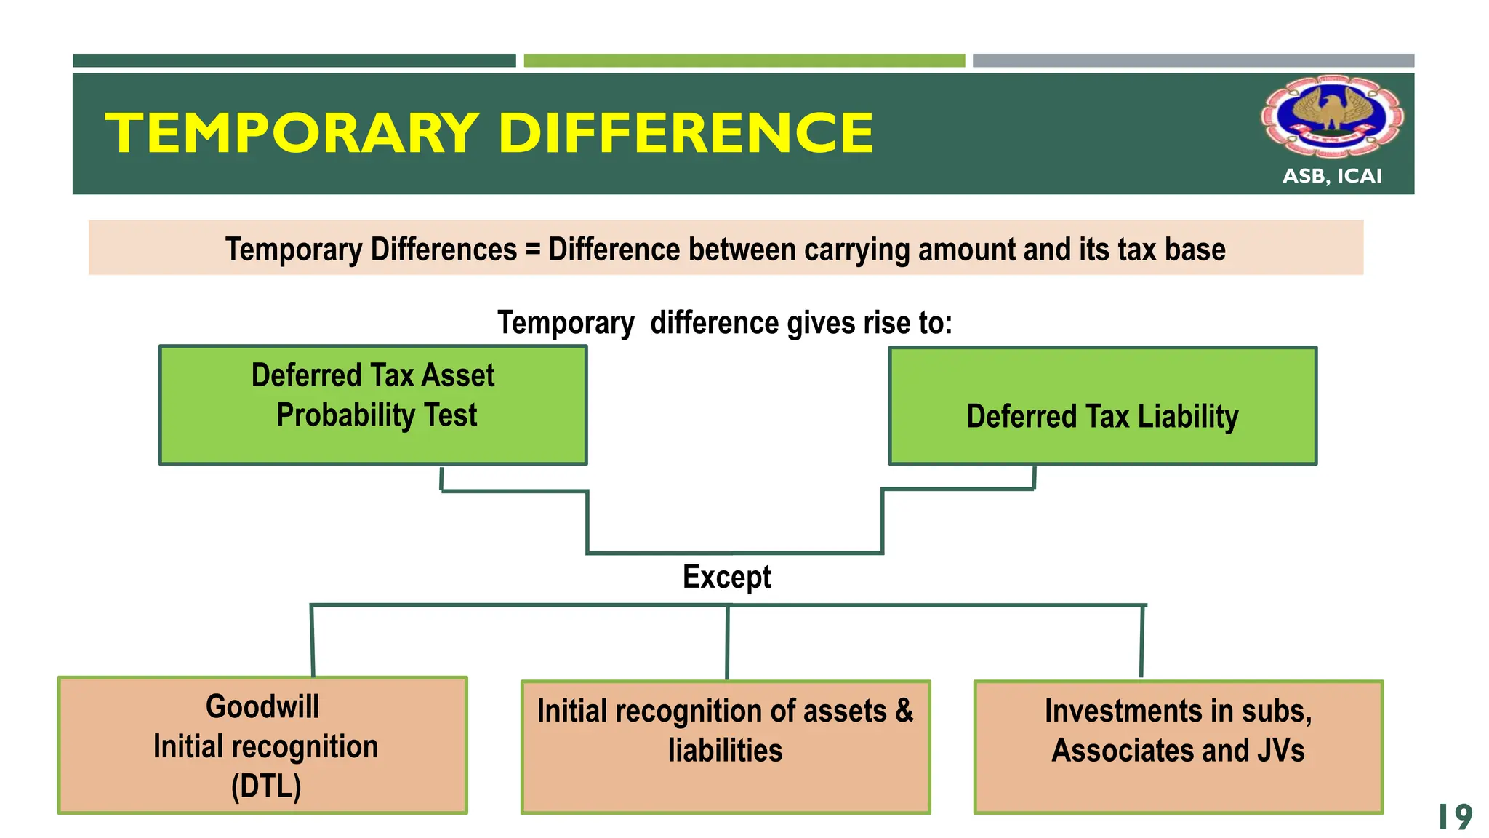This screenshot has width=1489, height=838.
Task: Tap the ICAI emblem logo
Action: [x=1332, y=117]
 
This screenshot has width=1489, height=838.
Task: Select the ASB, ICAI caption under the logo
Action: [x=1332, y=176]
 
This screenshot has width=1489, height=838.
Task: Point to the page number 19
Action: [x=1455, y=817]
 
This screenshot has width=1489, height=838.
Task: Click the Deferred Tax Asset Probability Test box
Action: [x=373, y=405]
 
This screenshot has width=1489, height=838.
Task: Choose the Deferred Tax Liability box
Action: [x=1103, y=406]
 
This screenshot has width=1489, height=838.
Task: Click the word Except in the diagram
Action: [x=726, y=577]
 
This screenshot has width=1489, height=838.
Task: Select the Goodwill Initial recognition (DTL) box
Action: [x=262, y=746]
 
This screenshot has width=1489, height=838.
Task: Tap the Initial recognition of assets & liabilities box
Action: [x=726, y=747]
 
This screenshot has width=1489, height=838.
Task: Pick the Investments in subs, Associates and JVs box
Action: [x=1179, y=747]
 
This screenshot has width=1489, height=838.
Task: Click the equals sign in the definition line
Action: [x=533, y=250]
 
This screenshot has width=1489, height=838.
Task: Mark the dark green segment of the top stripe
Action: [x=294, y=60]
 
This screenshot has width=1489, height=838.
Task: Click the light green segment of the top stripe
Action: [x=744, y=60]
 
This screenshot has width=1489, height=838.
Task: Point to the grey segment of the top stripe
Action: [x=1193, y=60]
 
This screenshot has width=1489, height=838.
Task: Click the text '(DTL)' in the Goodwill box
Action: [x=266, y=786]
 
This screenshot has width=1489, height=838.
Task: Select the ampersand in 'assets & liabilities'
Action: [x=904, y=710]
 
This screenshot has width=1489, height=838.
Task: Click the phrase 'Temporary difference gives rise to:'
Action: [x=725, y=322]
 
